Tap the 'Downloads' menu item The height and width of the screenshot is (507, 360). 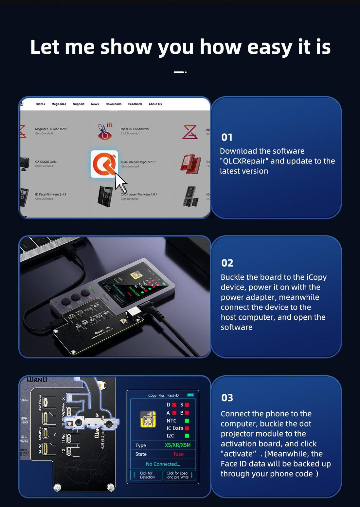pyautogui.click(x=113, y=104)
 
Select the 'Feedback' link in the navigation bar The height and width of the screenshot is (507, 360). pyautogui.click(x=135, y=104)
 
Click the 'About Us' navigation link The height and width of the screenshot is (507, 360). pyautogui.click(x=155, y=104)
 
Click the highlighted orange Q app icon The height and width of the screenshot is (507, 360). pyautogui.click(x=104, y=164)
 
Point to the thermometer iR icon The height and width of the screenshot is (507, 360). pyautogui.click(x=105, y=131)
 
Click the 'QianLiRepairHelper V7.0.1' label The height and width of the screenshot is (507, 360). pyautogui.click(x=139, y=162)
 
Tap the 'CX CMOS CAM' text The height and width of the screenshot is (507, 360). pyautogui.click(x=46, y=162)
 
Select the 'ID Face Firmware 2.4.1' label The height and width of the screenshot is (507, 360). pyautogui.click(x=50, y=195)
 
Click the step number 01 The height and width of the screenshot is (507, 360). pyautogui.click(x=227, y=137)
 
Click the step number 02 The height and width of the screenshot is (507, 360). pyautogui.click(x=227, y=263)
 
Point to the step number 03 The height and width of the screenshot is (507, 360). pyautogui.click(x=227, y=398)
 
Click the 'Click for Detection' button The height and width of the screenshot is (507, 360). pyautogui.click(x=147, y=475)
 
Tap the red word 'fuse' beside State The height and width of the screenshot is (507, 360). pyautogui.click(x=178, y=454)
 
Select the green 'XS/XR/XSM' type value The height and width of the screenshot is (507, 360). pyautogui.click(x=177, y=445)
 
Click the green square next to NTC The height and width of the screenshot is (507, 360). pyautogui.click(x=187, y=421)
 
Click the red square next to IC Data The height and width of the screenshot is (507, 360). pyautogui.click(x=187, y=428)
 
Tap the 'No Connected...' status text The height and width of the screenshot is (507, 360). pyautogui.click(x=163, y=464)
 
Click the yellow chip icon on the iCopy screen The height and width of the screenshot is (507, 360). pyautogui.click(x=148, y=419)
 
